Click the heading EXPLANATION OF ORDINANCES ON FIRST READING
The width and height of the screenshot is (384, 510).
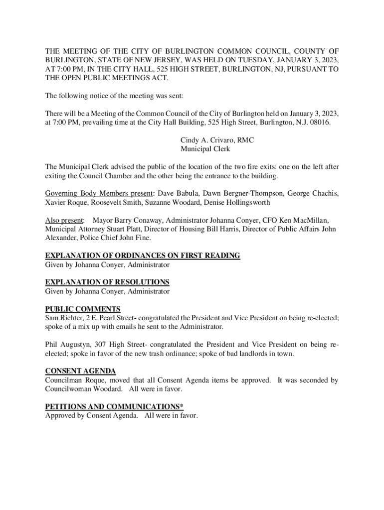143,255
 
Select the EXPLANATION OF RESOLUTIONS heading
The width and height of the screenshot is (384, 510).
107,282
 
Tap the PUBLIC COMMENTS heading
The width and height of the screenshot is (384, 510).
83,309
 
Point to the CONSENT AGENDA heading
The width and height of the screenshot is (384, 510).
81,371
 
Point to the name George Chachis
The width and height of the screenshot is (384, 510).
314,193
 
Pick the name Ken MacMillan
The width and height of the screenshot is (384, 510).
301,220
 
